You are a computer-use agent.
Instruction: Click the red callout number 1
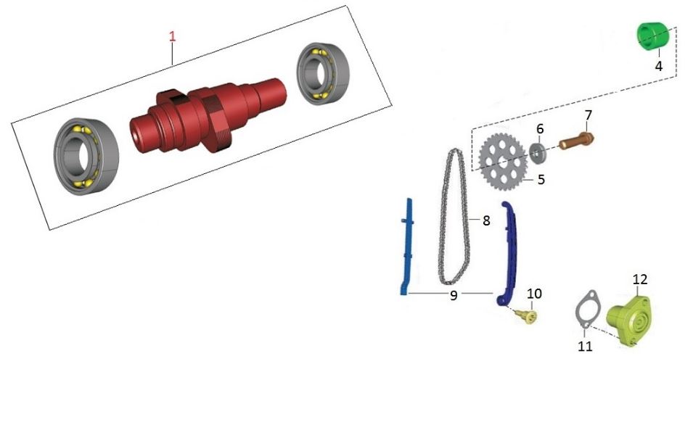[173, 36]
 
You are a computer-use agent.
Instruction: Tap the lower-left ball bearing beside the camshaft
[86, 156]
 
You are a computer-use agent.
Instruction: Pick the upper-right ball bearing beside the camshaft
[323, 73]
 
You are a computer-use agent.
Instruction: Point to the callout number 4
[659, 66]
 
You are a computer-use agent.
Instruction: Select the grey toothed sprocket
[502, 162]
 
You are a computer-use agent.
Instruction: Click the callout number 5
[541, 179]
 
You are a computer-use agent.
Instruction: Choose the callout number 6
[540, 129]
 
